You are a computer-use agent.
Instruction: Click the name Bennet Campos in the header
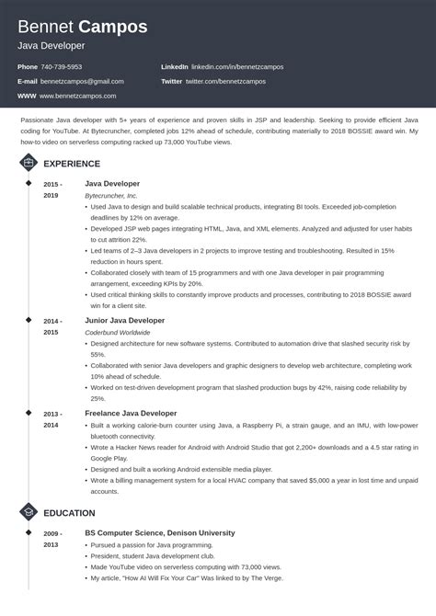(x=83, y=27)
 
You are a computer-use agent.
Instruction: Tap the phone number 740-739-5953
(x=63, y=67)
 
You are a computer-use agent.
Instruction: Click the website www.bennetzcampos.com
(x=79, y=96)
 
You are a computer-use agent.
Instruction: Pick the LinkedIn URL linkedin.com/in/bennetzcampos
(x=237, y=67)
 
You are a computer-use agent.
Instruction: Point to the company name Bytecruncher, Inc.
(x=110, y=196)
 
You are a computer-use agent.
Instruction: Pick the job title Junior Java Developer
(x=124, y=320)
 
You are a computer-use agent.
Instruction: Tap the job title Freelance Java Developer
(x=130, y=414)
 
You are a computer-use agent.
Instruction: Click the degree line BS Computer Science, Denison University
(x=159, y=532)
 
